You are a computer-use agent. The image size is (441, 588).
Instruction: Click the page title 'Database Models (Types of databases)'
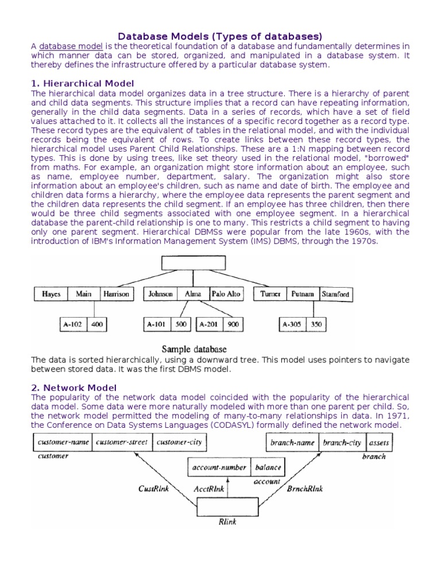pyautogui.click(x=220, y=36)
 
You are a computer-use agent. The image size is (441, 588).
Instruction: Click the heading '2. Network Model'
pyautogui.click(x=74, y=388)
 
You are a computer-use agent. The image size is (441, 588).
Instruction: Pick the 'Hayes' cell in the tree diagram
pyautogui.click(x=51, y=294)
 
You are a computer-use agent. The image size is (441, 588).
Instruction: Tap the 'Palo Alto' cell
pyautogui.click(x=226, y=294)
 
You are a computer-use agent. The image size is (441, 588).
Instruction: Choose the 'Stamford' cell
pyautogui.click(x=336, y=294)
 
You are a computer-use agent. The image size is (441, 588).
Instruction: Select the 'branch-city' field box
pyautogui.click(x=342, y=443)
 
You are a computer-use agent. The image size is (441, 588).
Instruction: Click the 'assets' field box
pyautogui.click(x=379, y=443)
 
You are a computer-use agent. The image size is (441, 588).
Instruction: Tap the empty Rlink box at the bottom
pyautogui.click(x=220, y=507)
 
